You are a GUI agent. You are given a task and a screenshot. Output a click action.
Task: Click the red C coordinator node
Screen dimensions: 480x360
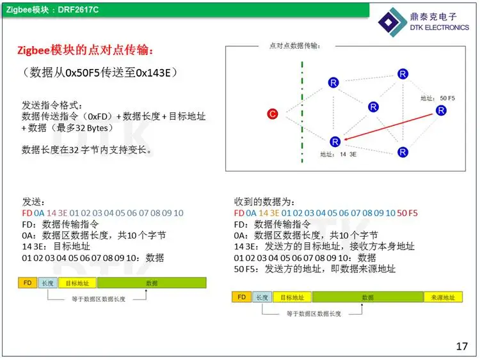[272, 114]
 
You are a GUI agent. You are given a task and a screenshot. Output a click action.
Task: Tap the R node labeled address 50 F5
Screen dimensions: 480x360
[441, 111]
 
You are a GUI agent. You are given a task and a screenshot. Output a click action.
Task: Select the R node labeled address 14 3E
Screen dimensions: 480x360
[335, 141]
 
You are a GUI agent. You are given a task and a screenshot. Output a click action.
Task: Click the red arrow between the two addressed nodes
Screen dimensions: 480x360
[388, 127]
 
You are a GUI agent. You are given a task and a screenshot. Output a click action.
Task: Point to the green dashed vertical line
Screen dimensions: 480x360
[302, 112]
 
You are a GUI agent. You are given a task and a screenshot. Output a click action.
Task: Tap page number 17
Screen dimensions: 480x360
[461, 346]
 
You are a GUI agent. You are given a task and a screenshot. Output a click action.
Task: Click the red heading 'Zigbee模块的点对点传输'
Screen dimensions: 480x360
[84, 50]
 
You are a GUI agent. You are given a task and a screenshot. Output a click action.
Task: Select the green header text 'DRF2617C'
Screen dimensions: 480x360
[78, 10]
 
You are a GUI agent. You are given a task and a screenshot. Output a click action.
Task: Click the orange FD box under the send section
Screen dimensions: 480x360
[28, 283]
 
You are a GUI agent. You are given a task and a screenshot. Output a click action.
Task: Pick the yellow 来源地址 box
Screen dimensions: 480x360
[443, 297]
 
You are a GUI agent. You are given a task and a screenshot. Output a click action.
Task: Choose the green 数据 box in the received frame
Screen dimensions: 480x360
[367, 297]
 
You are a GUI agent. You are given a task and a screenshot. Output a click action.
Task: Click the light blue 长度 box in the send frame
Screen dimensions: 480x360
[48, 283]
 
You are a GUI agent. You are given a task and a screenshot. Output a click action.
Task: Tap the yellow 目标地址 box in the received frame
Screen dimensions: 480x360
[292, 297]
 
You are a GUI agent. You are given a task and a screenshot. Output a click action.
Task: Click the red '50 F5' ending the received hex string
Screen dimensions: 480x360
[407, 213]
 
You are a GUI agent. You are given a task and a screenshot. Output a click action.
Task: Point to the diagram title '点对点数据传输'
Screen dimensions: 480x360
[294, 46]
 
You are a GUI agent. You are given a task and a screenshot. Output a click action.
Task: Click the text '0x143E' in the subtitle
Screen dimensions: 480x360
[153, 73]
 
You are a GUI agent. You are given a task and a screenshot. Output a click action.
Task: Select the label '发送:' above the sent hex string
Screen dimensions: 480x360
[33, 202]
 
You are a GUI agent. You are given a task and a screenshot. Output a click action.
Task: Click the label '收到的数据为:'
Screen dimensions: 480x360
[264, 202]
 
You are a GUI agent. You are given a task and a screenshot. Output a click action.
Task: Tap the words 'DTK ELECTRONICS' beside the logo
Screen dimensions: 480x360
[439, 27]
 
